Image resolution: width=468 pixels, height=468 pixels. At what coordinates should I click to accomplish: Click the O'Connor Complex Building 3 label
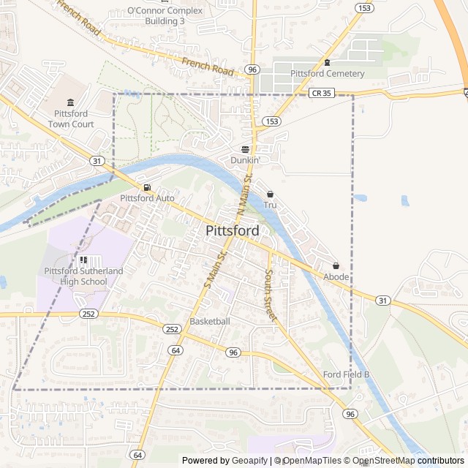coord(165,16)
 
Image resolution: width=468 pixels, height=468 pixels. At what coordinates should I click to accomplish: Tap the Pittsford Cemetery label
coord(327,74)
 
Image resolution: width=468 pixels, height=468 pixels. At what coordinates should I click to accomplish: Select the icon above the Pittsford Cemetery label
coord(327,62)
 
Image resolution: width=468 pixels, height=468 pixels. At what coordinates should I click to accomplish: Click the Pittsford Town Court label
coord(71,119)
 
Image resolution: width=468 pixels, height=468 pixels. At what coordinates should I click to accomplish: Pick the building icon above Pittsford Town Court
coord(70,102)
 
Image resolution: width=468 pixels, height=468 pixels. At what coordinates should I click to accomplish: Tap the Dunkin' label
coord(245,159)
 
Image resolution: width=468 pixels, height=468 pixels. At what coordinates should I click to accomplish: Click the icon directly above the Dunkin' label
coord(245,148)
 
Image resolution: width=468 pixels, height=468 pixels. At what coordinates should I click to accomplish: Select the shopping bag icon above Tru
coord(270,195)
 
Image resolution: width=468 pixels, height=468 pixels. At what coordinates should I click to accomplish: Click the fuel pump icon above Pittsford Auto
coord(147,187)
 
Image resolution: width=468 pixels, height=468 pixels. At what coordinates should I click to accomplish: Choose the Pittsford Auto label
coord(147,198)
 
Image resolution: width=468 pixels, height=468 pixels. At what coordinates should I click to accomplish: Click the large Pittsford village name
coord(233,231)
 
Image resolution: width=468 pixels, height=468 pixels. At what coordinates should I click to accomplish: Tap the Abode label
coord(336,277)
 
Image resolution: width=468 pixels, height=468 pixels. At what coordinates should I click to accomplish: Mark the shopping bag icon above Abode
coord(336,265)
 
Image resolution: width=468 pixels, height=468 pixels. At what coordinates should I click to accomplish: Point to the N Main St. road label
coord(244,195)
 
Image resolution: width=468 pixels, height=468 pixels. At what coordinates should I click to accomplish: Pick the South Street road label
coord(269,295)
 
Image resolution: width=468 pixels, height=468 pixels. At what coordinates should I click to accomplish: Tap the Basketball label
coord(210,322)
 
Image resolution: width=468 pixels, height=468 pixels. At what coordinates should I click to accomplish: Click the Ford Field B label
coord(347,375)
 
